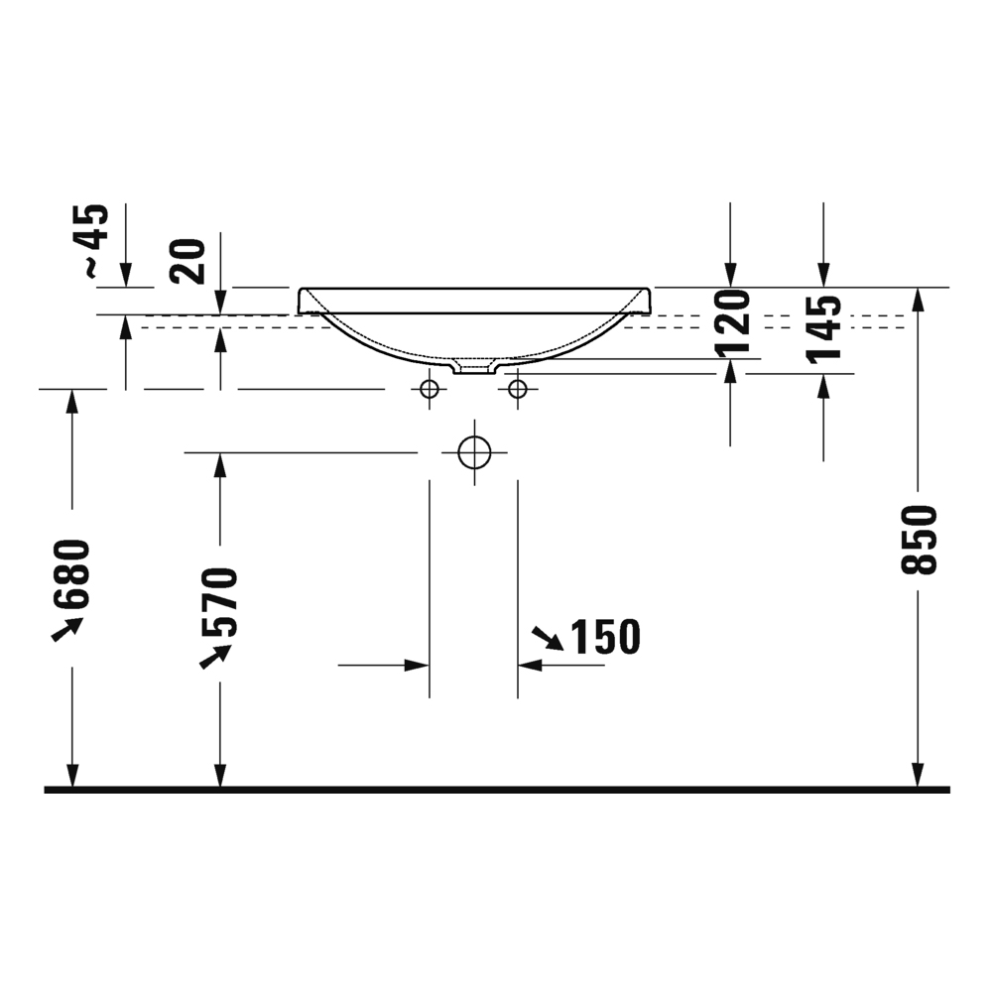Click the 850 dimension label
(x=920, y=541)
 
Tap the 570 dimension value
(x=219, y=601)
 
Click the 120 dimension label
(x=731, y=323)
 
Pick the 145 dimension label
(x=823, y=327)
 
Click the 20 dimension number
(x=187, y=261)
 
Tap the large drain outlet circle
(x=475, y=452)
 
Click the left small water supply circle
(x=430, y=389)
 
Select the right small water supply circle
(x=517, y=389)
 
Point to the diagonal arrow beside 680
(x=66, y=628)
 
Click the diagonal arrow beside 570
(x=215, y=656)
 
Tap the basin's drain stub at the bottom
(x=473, y=368)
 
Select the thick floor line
(x=496, y=790)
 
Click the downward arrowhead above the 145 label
(x=822, y=276)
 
